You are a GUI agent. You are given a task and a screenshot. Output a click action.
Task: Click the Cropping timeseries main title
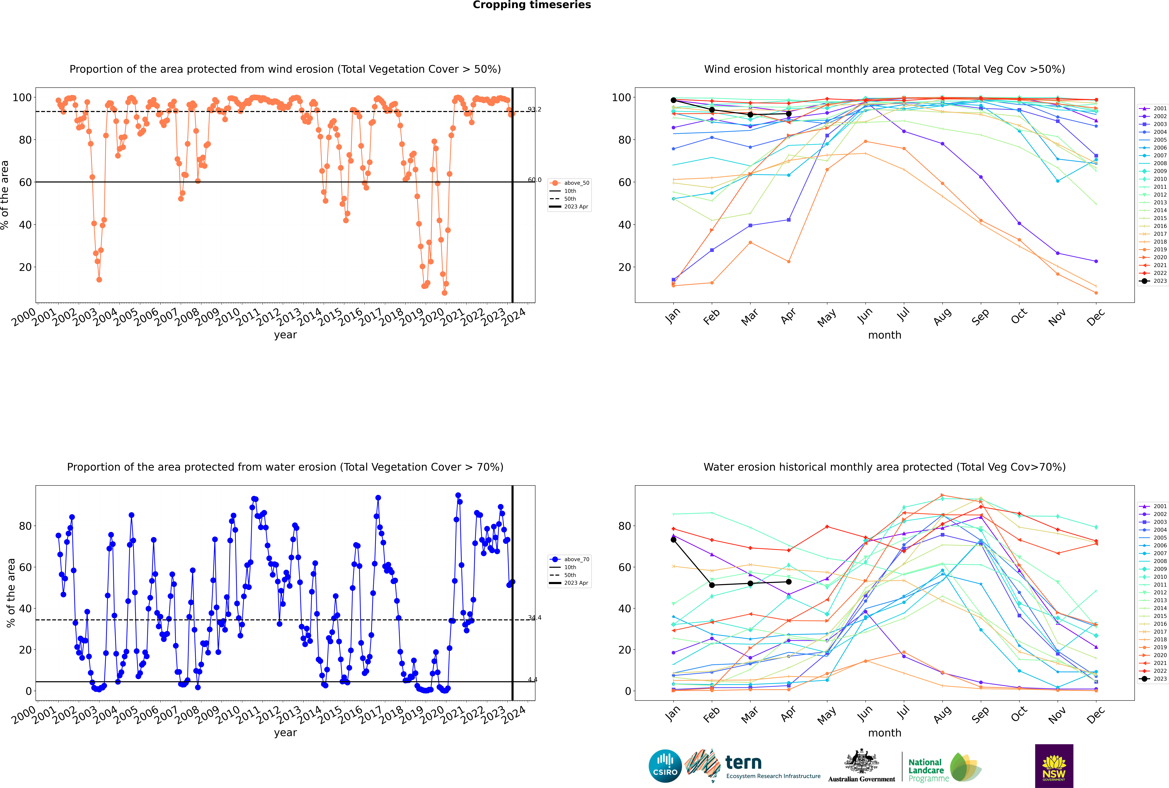(x=532, y=5)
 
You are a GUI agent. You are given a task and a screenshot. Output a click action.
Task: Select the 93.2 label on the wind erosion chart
(x=534, y=110)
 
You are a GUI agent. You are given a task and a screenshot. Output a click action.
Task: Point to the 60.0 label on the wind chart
(x=534, y=180)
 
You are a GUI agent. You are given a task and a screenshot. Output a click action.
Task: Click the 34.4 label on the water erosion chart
(x=534, y=618)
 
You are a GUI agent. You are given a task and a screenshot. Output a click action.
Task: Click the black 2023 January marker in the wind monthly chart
(x=673, y=100)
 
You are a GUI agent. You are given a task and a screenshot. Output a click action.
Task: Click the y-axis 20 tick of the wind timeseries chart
(x=25, y=267)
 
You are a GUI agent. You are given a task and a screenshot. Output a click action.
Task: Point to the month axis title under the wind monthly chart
(x=885, y=335)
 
